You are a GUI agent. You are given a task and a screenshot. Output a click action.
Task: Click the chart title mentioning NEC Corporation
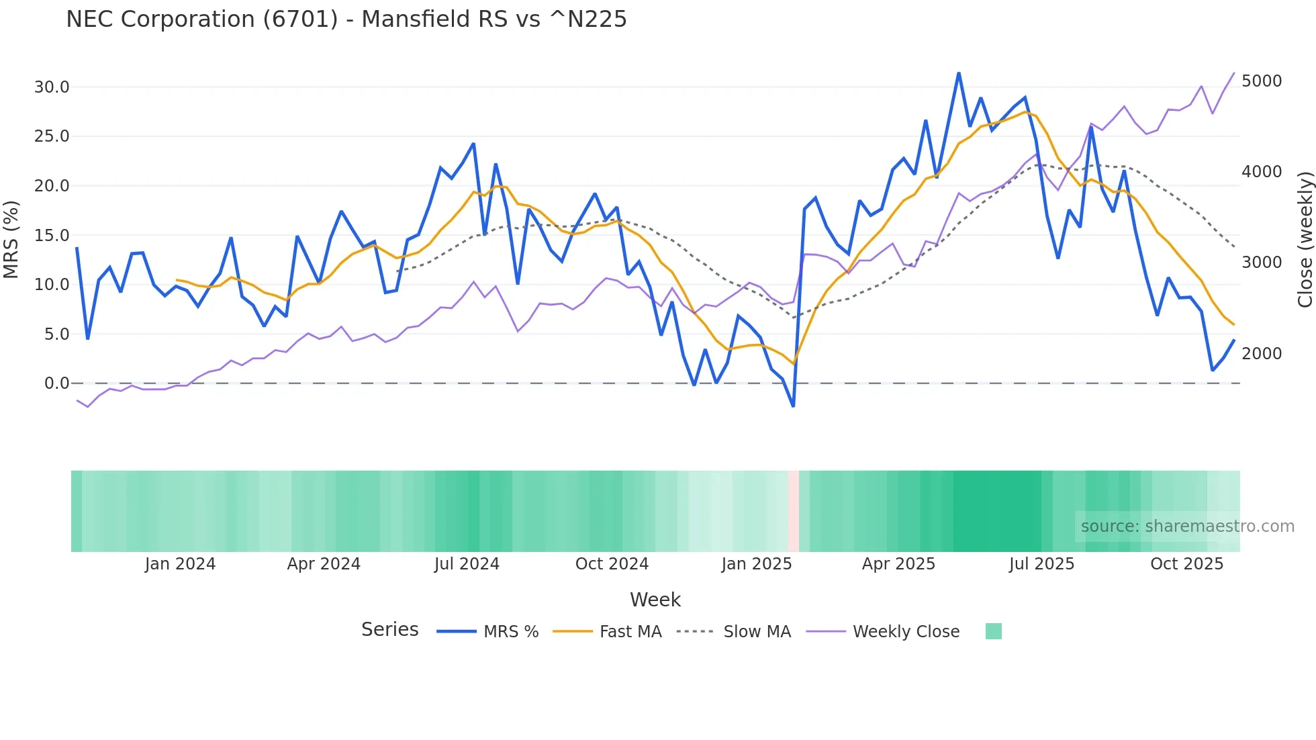pos(346,19)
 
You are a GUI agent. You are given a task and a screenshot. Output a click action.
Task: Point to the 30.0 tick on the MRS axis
pos(52,87)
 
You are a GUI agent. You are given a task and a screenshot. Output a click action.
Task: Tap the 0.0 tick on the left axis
pos(56,383)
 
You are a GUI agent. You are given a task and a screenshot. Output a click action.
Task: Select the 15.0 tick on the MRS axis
pos(52,235)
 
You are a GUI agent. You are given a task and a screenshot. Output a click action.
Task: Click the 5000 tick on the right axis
pos(1262,81)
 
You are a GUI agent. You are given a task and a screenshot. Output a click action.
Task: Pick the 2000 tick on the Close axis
pos(1262,353)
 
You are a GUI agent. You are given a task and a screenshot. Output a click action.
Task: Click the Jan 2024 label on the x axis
pos(180,564)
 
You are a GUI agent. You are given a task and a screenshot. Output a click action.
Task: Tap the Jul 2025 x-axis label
pos(1041,564)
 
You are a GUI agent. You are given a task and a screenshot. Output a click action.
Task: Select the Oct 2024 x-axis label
pos(612,564)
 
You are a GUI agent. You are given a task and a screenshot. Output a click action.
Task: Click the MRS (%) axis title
pos(11,239)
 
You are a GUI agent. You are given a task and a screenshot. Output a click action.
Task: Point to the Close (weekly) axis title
pos(1305,239)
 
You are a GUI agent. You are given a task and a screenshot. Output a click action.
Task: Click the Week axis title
pos(655,600)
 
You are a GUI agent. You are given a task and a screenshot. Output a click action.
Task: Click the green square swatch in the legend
pos(993,631)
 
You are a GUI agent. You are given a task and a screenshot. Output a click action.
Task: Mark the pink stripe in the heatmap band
pos(794,511)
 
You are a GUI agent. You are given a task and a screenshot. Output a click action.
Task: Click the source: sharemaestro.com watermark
pos(1187,526)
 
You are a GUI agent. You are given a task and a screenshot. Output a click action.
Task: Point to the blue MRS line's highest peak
pos(959,73)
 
